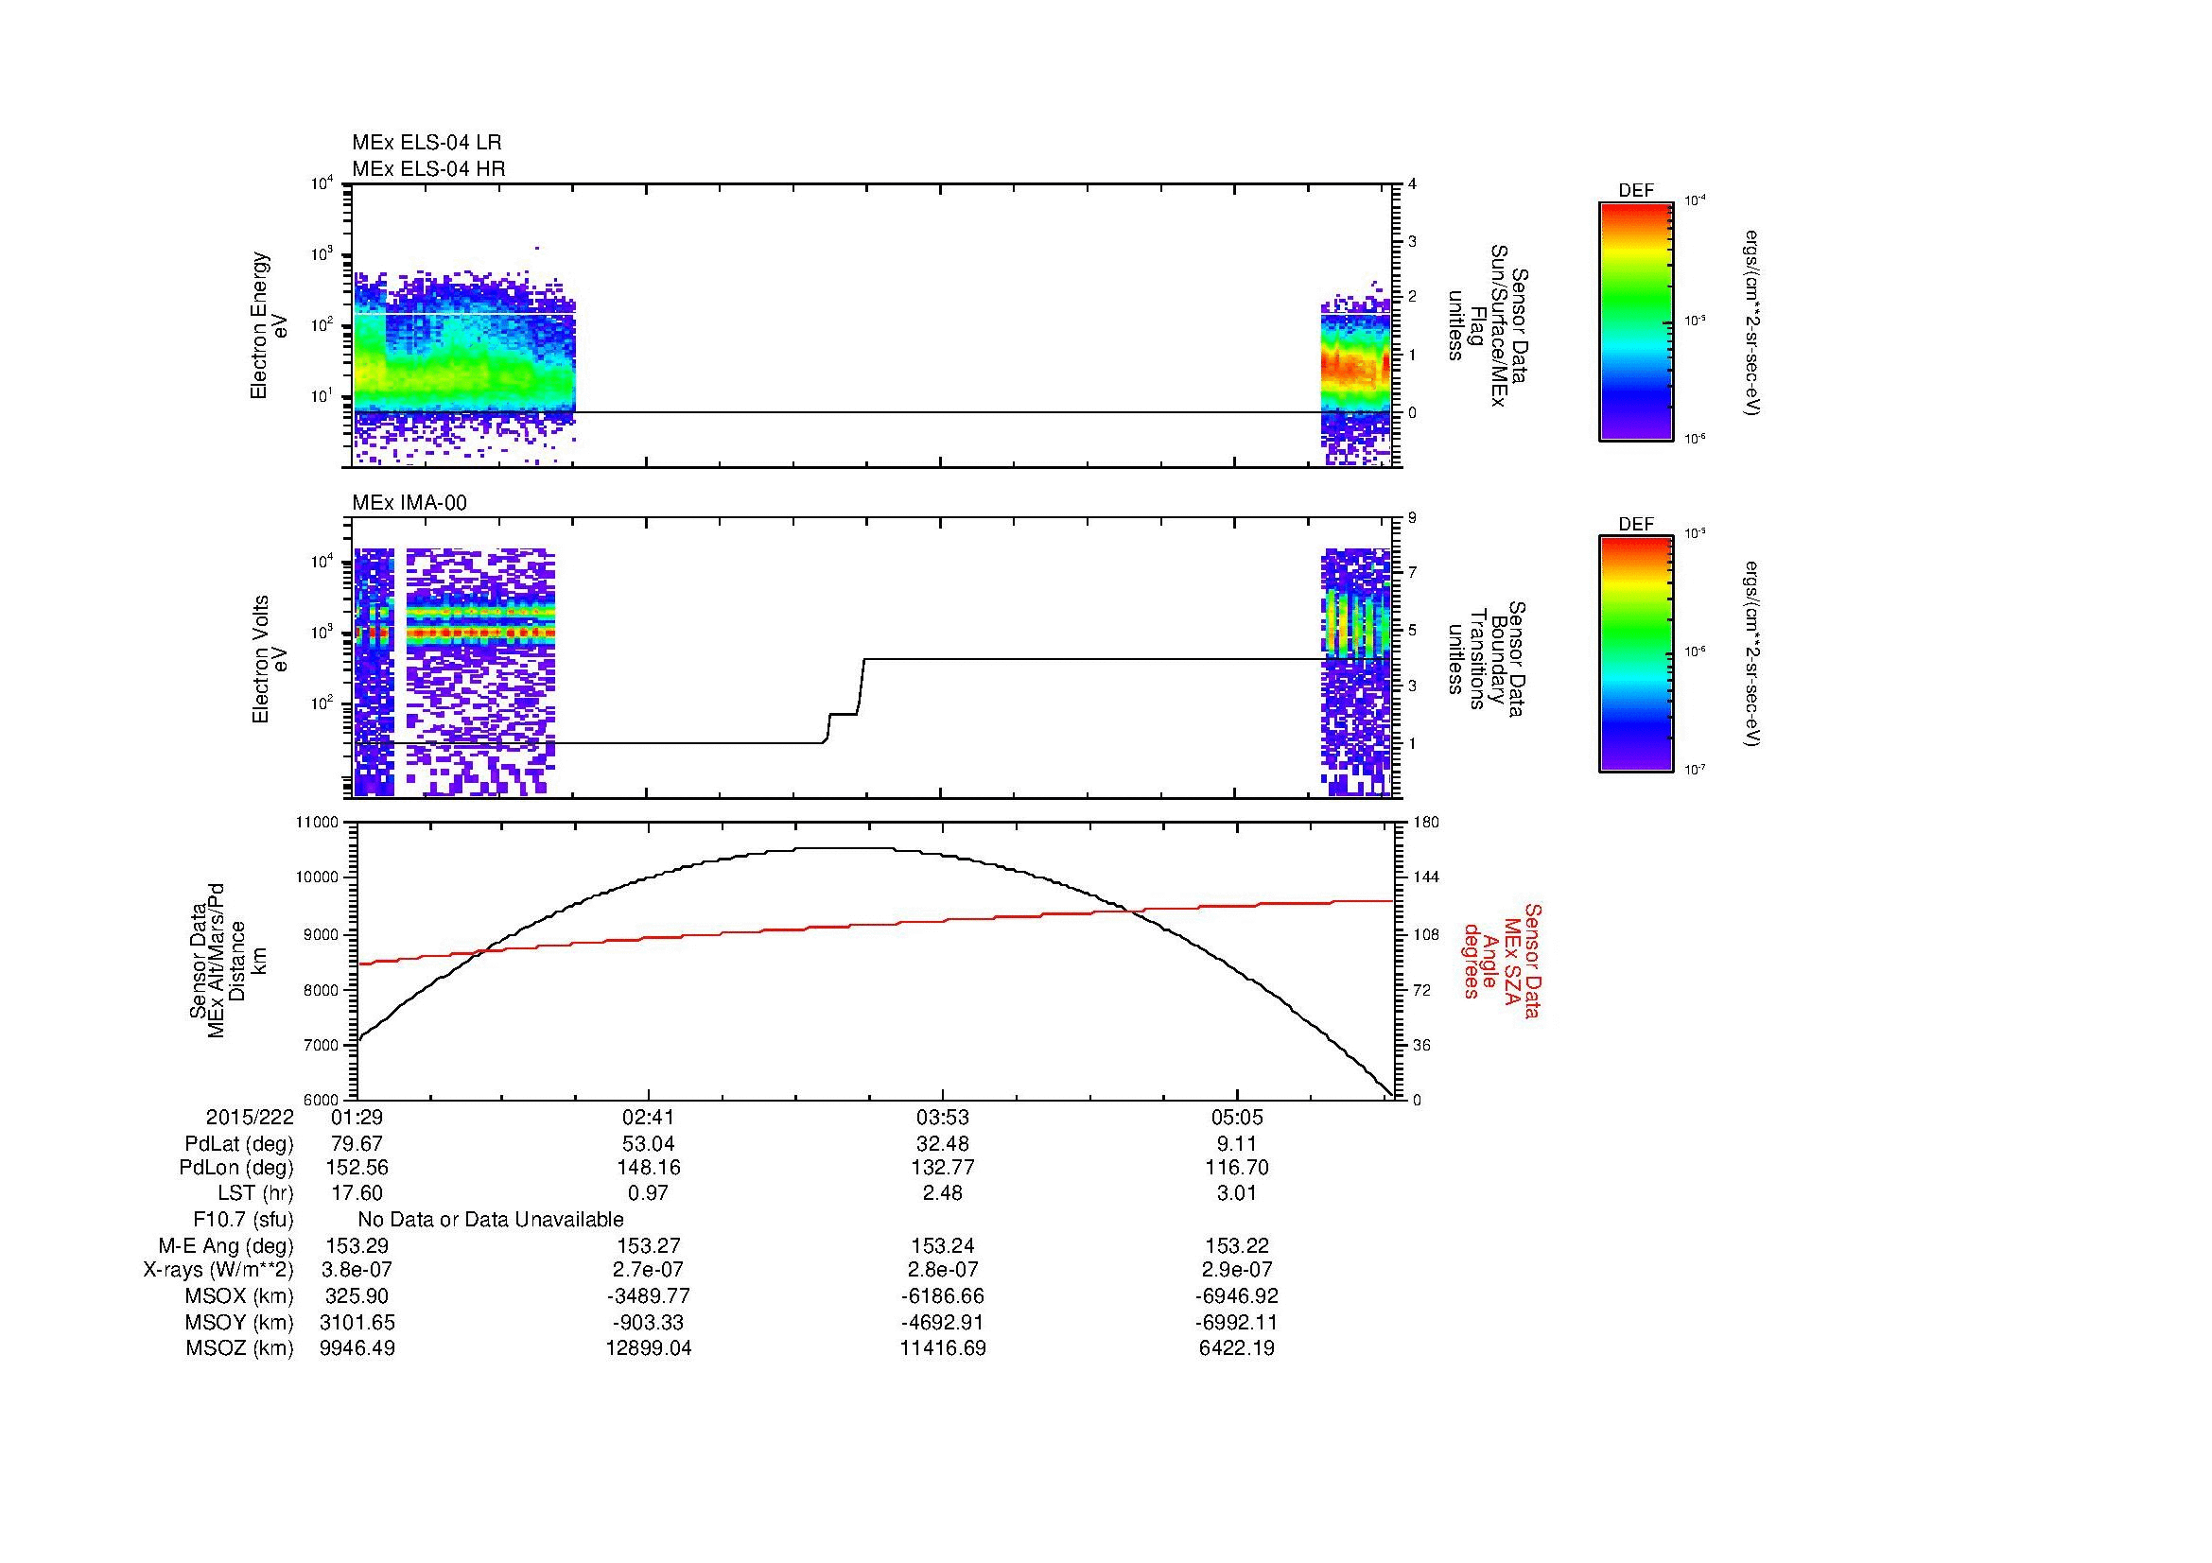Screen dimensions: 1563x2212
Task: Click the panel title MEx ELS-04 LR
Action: (426, 143)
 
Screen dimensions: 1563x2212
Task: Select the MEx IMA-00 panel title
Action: (409, 503)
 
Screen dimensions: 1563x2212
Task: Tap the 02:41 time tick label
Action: (649, 1118)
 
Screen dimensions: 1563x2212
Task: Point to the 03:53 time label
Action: (942, 1118)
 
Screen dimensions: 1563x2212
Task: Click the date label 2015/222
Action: (250, 1118)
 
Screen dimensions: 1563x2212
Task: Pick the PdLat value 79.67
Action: (357, 1144)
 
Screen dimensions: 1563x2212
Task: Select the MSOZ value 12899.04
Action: (649, 1348)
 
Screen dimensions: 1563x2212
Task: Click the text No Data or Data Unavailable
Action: (491, 1220)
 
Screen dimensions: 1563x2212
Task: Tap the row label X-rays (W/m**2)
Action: (218, 1271)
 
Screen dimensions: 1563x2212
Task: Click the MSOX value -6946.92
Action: (1237, 1297)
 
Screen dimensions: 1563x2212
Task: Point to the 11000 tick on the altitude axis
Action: (319, 823)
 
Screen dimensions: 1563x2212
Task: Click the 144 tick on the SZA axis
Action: (1425, 877)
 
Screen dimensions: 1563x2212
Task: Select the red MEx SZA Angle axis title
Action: (1502, 960)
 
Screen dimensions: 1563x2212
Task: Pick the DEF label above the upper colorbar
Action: (1636, 191)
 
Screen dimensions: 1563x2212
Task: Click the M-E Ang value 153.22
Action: (1237, 1246)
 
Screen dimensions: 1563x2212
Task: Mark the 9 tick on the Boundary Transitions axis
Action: (1412, 518)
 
